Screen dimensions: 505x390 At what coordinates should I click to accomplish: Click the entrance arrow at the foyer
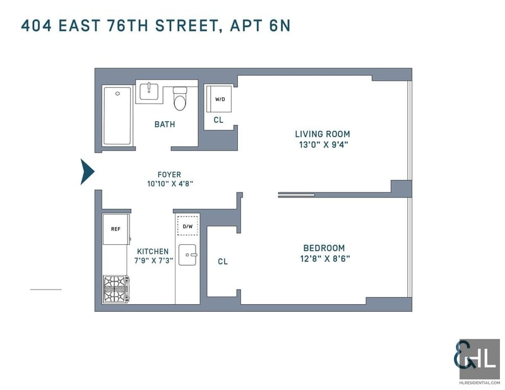[86, 172]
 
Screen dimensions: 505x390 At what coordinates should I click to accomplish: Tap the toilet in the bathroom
[180, 98]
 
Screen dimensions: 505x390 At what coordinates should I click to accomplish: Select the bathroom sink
[149, 92]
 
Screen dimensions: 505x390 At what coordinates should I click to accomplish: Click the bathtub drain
[117, 94]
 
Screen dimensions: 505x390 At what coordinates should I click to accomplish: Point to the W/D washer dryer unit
[219, 99]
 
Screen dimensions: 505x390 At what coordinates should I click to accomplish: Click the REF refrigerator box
[116, 229]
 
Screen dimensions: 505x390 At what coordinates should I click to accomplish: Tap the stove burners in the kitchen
[116, 289]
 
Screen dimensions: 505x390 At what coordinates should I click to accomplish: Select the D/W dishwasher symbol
[187, 226]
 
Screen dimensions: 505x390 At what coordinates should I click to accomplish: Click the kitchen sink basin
[187, 255]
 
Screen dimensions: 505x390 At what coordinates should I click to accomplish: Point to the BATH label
[165, 124]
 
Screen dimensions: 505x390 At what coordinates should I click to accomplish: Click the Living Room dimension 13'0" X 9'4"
[324, 145]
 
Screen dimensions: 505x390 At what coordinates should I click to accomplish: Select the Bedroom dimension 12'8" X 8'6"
[325, 259]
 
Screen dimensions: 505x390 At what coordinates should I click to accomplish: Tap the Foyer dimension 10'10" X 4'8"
[170, 184]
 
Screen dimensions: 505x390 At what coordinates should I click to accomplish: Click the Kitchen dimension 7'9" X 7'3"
[153, 260]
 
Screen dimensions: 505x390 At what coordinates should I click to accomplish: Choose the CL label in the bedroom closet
[223, 261]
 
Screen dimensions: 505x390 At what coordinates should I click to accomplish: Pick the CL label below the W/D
[218, 120]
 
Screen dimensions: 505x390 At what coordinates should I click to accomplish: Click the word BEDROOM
[324, 248]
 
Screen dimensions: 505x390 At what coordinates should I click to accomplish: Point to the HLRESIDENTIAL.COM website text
[480, 382]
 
